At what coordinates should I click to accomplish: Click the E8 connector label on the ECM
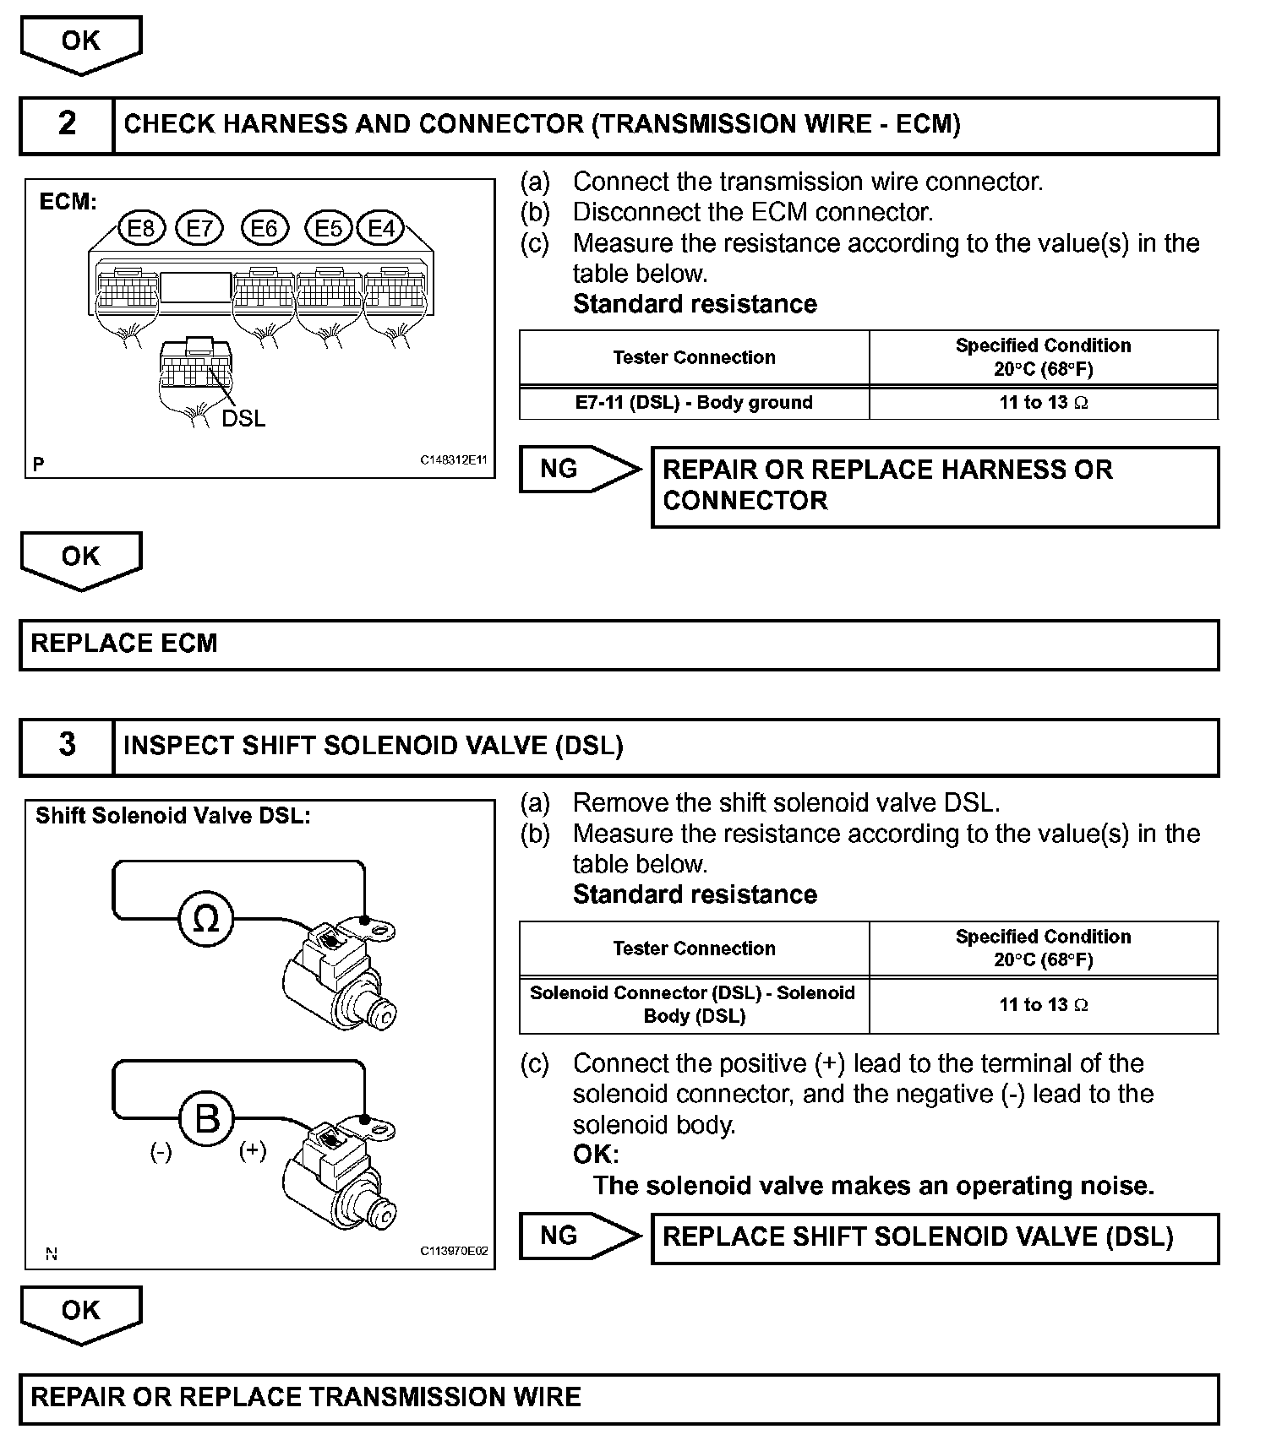point(141,228)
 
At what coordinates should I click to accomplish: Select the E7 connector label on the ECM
point(199,228)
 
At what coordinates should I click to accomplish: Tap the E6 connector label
point(265,228)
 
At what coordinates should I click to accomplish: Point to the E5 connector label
point(329,228)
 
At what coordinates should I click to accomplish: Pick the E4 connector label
point(381,228)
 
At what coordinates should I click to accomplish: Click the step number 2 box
point(67,125)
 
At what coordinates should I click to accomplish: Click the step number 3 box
point(67,746)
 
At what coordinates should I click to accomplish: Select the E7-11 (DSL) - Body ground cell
point(694,403)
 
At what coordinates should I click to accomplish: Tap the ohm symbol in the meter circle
point(206,918)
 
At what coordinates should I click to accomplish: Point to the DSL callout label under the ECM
point(243,418)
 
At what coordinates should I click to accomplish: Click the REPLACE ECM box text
point(124,644)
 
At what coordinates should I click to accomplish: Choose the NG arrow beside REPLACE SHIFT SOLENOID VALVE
point(580,1236)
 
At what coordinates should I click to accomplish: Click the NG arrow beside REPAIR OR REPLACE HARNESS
point(580,469)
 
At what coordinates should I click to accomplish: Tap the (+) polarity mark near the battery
point(253,1151)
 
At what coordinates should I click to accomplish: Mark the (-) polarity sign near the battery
point(161,1152)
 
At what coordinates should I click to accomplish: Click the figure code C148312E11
point(454,460)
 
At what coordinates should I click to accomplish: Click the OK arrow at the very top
point(81,42)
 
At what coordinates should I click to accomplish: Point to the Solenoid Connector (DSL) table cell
point(694,1004)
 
